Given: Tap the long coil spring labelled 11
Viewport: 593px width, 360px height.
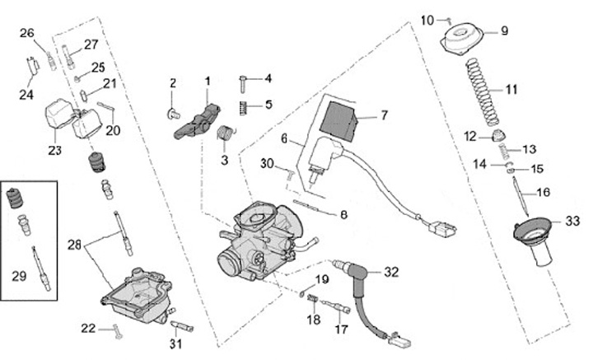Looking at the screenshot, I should click(x=482, y=89).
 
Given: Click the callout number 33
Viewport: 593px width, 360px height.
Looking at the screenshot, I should click(x=572, y=220).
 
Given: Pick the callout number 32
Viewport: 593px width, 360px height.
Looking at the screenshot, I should click(x=391, y=270).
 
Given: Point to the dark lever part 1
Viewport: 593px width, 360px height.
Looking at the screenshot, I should click(x=198, y=119).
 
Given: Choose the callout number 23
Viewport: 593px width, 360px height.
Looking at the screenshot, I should click(x=55, y=151).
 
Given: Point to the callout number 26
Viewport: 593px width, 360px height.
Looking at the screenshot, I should click(x=26, y=33).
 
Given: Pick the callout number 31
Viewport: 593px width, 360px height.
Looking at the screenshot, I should click(x=175, y=343).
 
